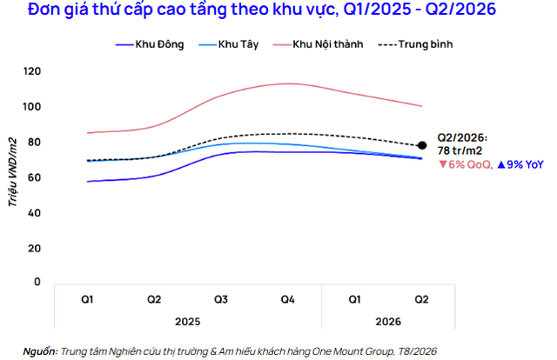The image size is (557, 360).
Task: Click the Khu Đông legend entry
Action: point(150,44)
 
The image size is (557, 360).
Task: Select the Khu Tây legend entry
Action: point(228,44)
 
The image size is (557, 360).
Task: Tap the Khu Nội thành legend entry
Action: point(318,44)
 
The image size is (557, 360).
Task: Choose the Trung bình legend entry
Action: point(415,44)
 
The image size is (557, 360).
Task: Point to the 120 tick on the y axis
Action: point(32,71)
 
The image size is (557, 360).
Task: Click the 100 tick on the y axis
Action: point(32,106)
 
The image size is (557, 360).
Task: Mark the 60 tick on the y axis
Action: point(34,177)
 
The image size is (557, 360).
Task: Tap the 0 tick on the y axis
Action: point(37,282)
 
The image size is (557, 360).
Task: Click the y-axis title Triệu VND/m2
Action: point(13,172)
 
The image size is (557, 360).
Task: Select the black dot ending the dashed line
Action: point(422,145)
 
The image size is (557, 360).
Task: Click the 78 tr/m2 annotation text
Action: point(460,151)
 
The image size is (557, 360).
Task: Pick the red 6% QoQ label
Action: point(466,164)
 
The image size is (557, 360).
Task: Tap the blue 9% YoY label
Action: point(520,164)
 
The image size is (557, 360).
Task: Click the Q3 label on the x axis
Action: point(220,300)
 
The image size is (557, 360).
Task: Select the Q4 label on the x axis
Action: point(287,300)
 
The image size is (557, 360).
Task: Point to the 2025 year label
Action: point(188,322)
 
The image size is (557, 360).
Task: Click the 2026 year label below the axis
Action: point(388,322)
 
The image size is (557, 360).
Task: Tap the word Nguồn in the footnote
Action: point(40,351)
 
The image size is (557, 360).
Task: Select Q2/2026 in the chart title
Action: point(460,10)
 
